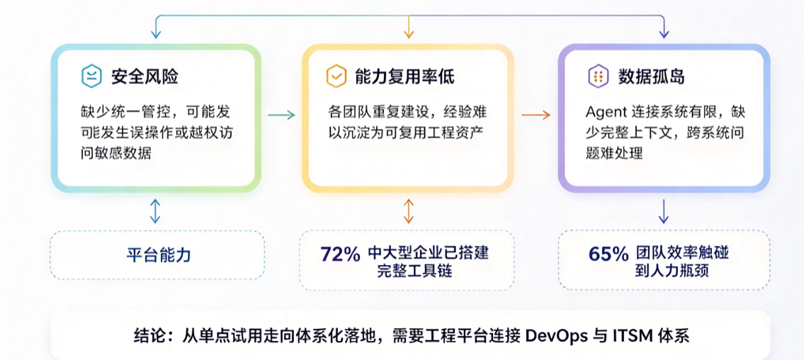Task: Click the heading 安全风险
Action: [145, 77]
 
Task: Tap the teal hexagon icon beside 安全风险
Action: [91, 77]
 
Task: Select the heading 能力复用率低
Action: [404, 77]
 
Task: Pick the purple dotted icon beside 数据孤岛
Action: [597, 77]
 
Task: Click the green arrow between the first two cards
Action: [281, 116]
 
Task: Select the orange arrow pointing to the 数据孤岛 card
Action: [536, 116]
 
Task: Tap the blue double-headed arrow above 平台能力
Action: [155, 210]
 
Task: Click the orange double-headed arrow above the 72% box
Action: [409, 210]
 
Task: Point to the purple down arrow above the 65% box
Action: [664, 210]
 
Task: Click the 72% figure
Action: [341, 254]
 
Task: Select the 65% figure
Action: [608, 254]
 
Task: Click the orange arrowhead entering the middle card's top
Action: [409, 34]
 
